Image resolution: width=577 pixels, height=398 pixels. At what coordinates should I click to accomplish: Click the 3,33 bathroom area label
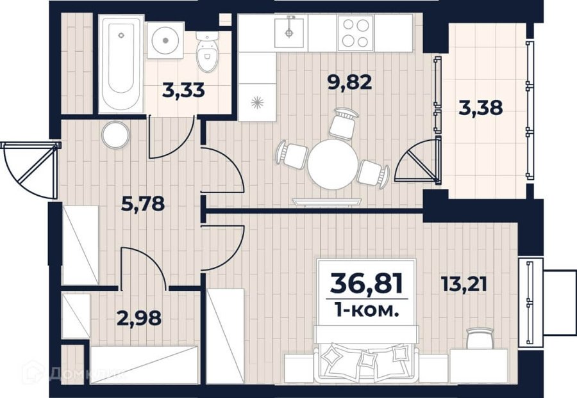tap(183, 91)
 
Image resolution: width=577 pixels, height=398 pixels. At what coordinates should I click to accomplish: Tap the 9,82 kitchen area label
tap(350, 83)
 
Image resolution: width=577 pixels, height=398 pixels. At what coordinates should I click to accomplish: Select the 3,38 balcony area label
tap(481, 108)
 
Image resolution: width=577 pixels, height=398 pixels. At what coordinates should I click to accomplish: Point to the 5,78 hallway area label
tap(143, 203)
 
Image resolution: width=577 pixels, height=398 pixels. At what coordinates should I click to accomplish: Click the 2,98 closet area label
tap(139, 318)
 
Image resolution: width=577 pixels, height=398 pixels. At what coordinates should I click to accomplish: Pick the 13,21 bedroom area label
tap(464, 284)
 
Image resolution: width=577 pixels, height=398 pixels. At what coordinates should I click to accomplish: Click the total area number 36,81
tap(367, 284)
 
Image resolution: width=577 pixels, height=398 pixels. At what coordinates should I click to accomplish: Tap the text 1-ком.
tap(367, 312)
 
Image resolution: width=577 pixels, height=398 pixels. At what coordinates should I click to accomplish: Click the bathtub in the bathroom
tap(121, 64)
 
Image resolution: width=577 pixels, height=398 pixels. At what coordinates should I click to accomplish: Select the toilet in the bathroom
tap(207, 51)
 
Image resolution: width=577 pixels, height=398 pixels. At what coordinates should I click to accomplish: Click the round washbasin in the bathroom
tap(165, 40)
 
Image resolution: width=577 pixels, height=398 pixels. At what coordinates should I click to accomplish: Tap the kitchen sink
tap(290, 33)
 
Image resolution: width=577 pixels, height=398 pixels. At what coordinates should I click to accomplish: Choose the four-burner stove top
tap(356, 33)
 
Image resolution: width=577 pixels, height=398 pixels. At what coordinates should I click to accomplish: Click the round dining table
tap(333, 164)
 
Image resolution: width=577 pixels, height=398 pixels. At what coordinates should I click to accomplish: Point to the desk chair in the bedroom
tap(480, 338)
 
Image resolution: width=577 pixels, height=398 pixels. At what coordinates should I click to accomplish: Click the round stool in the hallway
tap(116, 135)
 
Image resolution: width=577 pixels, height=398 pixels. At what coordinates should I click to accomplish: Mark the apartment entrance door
tap(31, 170)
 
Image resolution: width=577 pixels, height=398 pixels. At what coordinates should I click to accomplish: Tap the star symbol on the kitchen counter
tap(258, 103)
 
